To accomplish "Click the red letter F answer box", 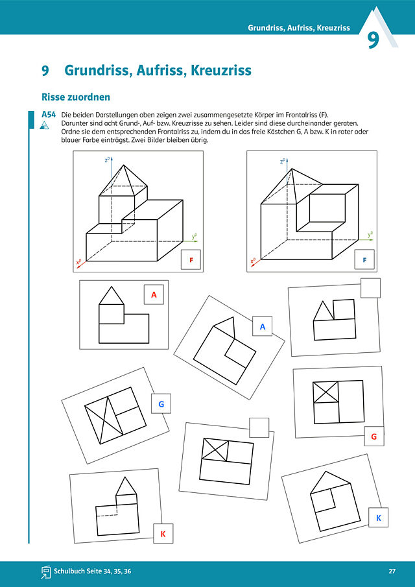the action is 191,259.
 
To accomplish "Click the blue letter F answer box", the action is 364,259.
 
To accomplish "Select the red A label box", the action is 154,294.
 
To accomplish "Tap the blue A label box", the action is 263,326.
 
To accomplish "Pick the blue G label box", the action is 161,403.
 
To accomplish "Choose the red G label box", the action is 374,436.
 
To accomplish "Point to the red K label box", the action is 163,533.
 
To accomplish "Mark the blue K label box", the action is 378,518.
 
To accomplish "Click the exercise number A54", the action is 49,115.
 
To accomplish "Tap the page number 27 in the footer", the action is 392,571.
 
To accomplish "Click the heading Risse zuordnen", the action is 76,97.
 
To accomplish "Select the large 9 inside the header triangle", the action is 373,41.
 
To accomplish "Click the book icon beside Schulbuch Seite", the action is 46,571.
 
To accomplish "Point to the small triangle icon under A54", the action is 45,125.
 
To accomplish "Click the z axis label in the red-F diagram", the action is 107,160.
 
